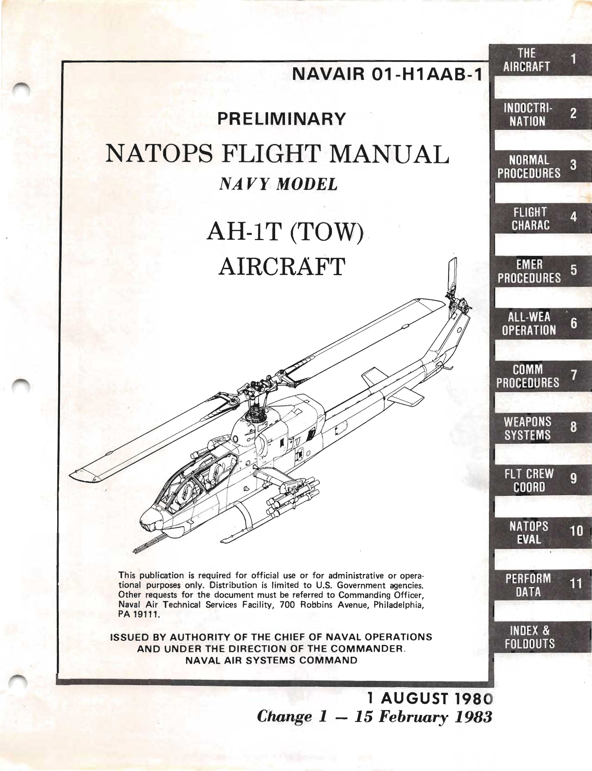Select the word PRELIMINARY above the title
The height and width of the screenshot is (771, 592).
point(281,119)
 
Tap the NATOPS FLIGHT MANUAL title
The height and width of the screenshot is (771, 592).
point(277,154)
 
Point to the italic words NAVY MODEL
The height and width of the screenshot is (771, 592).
point(278,184)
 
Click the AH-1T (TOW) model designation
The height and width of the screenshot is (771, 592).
point(285,233)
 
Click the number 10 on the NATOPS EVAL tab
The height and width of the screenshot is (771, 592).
point(576,531)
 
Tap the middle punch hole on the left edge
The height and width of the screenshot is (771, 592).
point(20,386)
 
